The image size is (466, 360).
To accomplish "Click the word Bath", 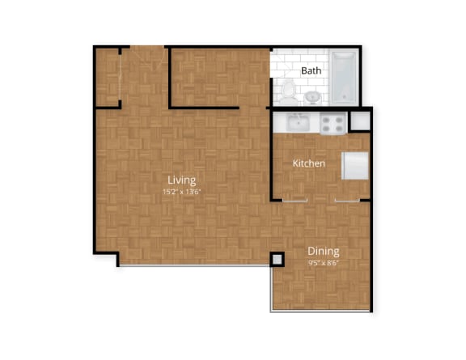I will [x=311, y=70].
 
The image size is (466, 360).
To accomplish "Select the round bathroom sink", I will [x=312, y=97].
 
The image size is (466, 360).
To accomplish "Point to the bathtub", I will [x=342, y=78].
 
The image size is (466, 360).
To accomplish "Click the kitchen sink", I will [x=295, y=123].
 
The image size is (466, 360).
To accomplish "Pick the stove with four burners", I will [x=332, y=123].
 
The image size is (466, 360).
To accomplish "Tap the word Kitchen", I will [x=309, y=163].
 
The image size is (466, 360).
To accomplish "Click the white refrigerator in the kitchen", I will [x=355, y=166].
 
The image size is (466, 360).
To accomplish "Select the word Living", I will [x=181, y=180].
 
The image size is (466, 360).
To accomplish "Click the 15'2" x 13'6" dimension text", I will [x=181, y=192].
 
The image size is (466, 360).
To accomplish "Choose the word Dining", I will [x=322, y=251].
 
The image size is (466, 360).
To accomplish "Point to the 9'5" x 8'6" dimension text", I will [x=322, y=262].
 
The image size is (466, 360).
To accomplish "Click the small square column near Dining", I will [x=277, y=259].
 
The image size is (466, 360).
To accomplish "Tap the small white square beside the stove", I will [x=361, y=119].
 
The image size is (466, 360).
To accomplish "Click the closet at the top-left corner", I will [x=108, y=77].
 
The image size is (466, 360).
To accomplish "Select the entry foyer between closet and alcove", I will [x=144, y=77].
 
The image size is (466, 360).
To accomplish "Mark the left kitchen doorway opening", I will [x=295, y=199].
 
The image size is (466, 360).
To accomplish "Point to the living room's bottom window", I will [x=194, y=265].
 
